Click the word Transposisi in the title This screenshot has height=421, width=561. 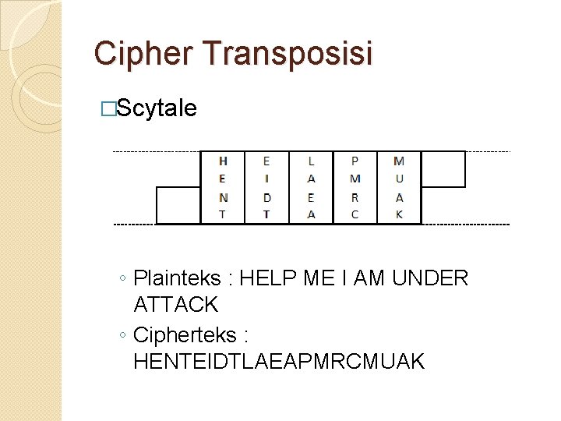click(288, 54)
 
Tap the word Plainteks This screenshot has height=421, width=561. click(178, 278)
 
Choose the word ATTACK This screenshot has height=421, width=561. click(176, 304)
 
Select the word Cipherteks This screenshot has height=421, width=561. click(184, 335)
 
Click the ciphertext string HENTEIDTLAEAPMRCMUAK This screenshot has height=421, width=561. click(279, 362)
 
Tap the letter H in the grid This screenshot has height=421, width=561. click(224, 161)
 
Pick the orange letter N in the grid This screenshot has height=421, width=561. click(224, 197)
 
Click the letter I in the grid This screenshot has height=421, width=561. click(267, 179)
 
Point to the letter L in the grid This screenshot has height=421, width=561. click(312, 161)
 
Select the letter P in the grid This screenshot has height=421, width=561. click(355, 161)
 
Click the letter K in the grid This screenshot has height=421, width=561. click(399, 214)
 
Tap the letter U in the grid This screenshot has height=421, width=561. click(399, 179)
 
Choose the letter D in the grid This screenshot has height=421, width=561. click(267, 197)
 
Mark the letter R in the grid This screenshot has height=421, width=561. click(355, 197)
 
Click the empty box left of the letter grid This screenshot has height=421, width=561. click(178, 205)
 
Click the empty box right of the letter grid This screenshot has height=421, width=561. click(443, 169)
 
